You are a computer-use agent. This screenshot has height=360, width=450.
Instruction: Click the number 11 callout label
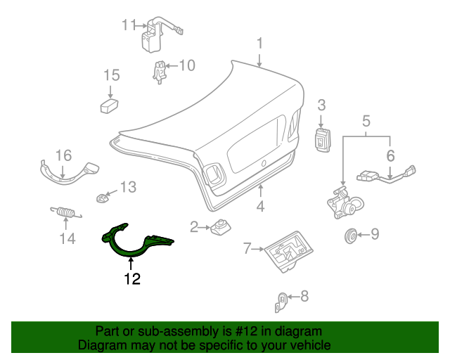pyautogui.click(x=127, y=25)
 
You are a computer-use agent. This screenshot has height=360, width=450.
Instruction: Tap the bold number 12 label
pyautogui.click(x=132, y=279)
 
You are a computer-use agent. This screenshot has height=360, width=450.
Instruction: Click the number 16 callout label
pyautogui.click(x=63, y=155)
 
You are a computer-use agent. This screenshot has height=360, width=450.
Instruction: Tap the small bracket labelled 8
pyautogui.click(x=280, y=302)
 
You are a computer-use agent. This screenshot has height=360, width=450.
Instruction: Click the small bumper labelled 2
pyautogui.click(x=223, y=226)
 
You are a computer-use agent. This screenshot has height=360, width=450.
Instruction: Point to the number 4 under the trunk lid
pyautogui.click(x=259, y=207)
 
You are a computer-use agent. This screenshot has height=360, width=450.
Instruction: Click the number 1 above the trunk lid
pyautogui.click(x=259, y=44)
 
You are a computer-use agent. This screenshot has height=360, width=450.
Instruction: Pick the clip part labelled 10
pyautogui.click(x=160, y=72)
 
